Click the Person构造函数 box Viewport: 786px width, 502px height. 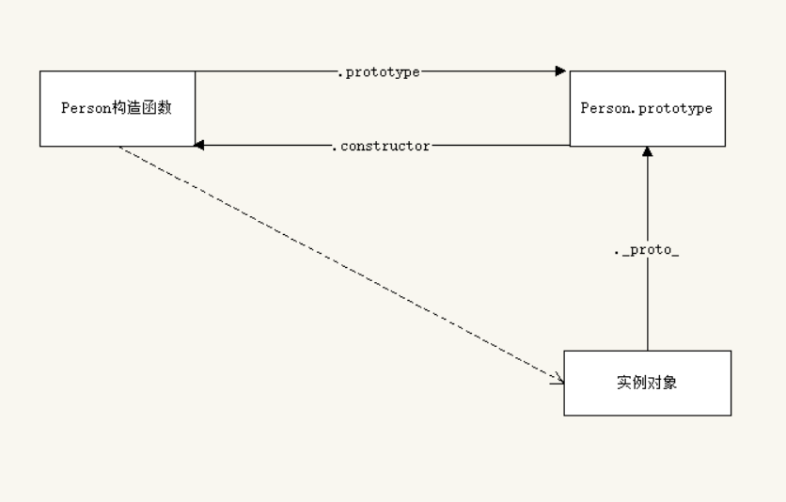(117, 108)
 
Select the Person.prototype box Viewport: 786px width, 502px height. (647, 108)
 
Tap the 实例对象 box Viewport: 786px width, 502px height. (647, 383)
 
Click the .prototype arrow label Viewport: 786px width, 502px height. (378, 71)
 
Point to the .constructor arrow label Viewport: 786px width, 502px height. (381, 146)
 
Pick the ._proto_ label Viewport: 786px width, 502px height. (647, 253)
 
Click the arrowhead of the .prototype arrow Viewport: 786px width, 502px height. (560, 71)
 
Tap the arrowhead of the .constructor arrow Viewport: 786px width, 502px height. (200, 146)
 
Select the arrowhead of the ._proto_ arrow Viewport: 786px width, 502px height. (647, 152)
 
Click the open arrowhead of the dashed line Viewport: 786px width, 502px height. (558, 381)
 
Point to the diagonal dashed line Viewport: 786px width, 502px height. (338, 263)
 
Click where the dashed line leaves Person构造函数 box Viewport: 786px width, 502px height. (119, 148)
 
